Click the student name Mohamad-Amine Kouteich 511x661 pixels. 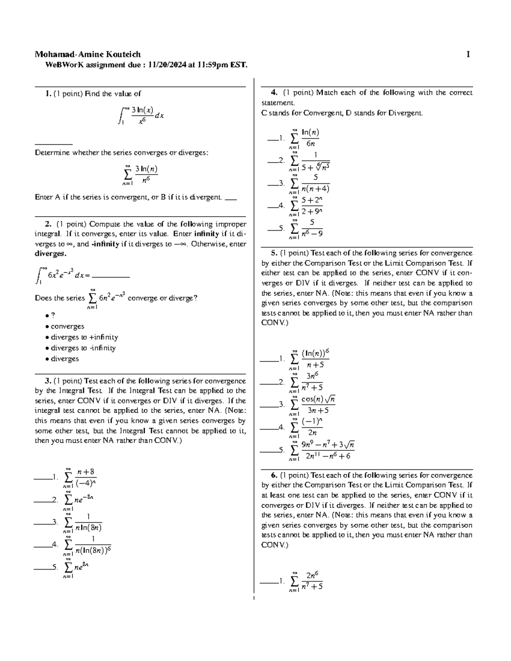pos(88,54)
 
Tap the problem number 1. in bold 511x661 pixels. pos(48,94)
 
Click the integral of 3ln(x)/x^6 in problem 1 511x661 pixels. pos(141,115)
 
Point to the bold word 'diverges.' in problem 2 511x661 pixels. pos(50,254)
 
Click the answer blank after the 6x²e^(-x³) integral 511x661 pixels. pos(111,276)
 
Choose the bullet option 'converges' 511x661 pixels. pos(67,326)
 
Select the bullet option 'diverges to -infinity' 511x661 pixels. pos(83,348)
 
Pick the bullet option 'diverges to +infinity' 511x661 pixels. pos(84,337)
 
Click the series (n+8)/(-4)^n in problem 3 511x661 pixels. pos(80,478)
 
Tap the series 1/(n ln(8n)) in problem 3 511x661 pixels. pos(83,523)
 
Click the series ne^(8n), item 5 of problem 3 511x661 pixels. pos(76,568)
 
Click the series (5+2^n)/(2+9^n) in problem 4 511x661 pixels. pos(306,206)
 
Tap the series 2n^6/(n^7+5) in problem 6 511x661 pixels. pos(306,581)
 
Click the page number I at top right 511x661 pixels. pos(468,54)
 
